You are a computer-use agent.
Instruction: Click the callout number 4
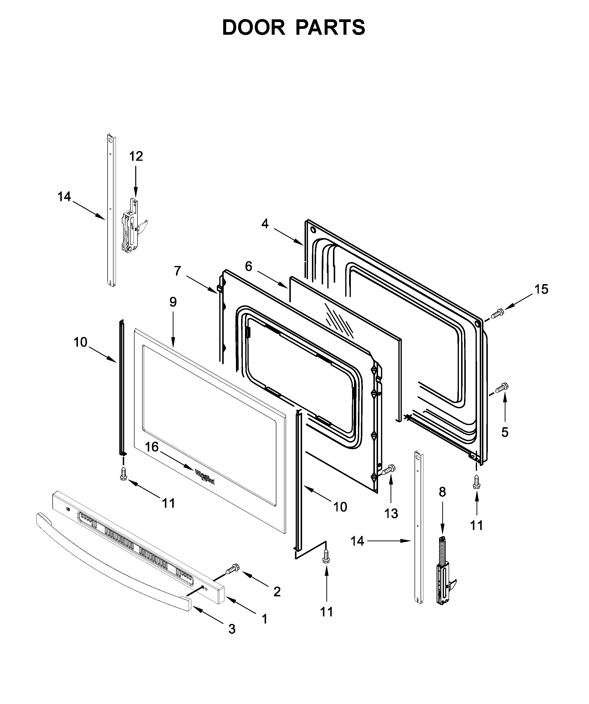[265, 224]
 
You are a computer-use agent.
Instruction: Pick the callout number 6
[248, 266]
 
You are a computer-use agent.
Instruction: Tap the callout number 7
[178, 271]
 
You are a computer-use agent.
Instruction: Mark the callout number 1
[264, 619]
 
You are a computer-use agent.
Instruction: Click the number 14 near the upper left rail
[64, 197]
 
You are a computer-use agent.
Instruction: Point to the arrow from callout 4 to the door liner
[288, 236]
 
